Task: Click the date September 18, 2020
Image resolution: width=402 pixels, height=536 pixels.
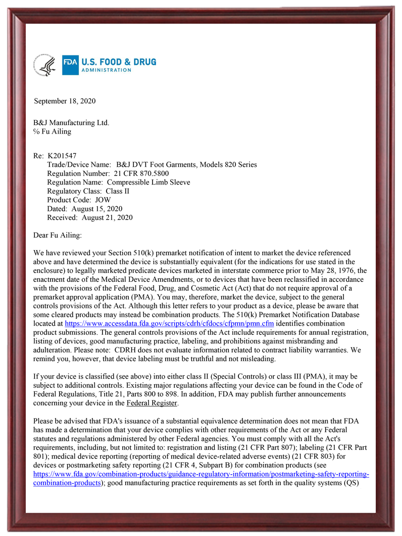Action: (65, 101)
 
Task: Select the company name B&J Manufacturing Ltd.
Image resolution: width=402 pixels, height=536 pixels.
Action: (71, 123)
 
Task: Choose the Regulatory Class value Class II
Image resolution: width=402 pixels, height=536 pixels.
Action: (119, 191)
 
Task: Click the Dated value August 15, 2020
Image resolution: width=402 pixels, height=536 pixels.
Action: (97, 209)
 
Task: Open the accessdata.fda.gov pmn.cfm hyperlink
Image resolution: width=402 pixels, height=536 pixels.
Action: (173, 324)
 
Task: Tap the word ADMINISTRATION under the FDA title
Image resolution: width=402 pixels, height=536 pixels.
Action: (106, 71)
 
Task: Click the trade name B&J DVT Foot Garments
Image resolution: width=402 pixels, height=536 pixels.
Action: (157, 164)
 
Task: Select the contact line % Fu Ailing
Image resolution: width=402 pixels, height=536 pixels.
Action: (52, 132)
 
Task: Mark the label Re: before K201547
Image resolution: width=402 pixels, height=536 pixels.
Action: (38, 155)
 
